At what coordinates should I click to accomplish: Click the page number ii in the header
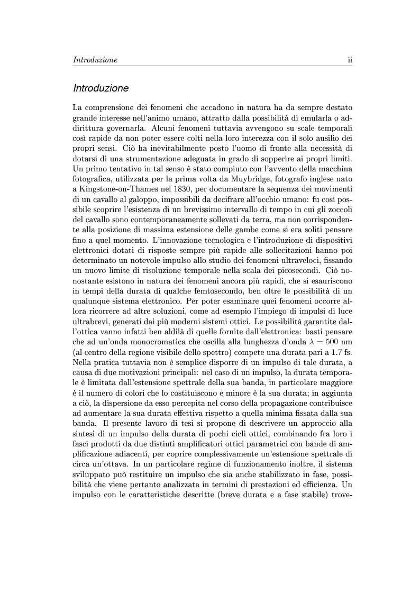[350, 60]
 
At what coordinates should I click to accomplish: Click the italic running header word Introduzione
[95, 60]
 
